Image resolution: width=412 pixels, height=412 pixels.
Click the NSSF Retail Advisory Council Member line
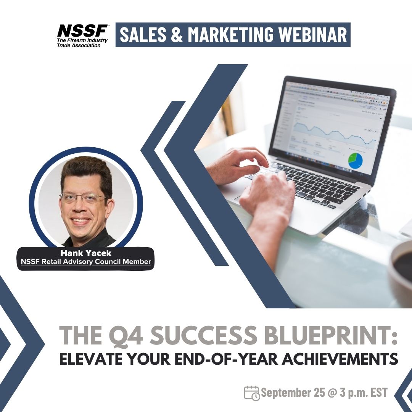(85, 262)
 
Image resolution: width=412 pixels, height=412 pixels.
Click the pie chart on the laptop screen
(354, 160)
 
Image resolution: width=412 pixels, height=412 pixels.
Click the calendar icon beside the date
(252, 393)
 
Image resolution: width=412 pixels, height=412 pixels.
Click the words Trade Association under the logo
(79, 45)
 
